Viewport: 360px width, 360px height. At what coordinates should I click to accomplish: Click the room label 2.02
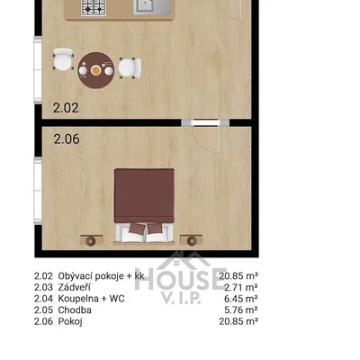66,108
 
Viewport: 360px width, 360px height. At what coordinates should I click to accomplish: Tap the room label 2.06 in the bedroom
67,139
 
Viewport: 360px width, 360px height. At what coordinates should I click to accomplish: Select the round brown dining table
96,70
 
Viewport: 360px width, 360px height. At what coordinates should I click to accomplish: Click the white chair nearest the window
63,59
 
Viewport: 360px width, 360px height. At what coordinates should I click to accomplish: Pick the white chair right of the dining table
130,68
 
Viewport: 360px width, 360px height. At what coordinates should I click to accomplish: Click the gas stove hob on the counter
94,7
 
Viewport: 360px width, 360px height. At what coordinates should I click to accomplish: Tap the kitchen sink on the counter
152,7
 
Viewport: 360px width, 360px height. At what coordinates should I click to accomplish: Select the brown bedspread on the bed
144,196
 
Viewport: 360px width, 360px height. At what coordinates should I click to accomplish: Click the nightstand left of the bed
91,240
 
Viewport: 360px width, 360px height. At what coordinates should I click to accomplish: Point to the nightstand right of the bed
192,240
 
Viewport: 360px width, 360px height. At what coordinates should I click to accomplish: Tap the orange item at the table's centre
95,70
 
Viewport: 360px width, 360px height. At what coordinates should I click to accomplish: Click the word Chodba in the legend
75,310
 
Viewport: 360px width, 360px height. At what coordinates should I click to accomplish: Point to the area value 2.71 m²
241,287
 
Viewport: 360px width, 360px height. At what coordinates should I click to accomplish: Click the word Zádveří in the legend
74,287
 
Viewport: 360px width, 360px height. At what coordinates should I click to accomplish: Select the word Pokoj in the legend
70,321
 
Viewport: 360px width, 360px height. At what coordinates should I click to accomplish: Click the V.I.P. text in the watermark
181,298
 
